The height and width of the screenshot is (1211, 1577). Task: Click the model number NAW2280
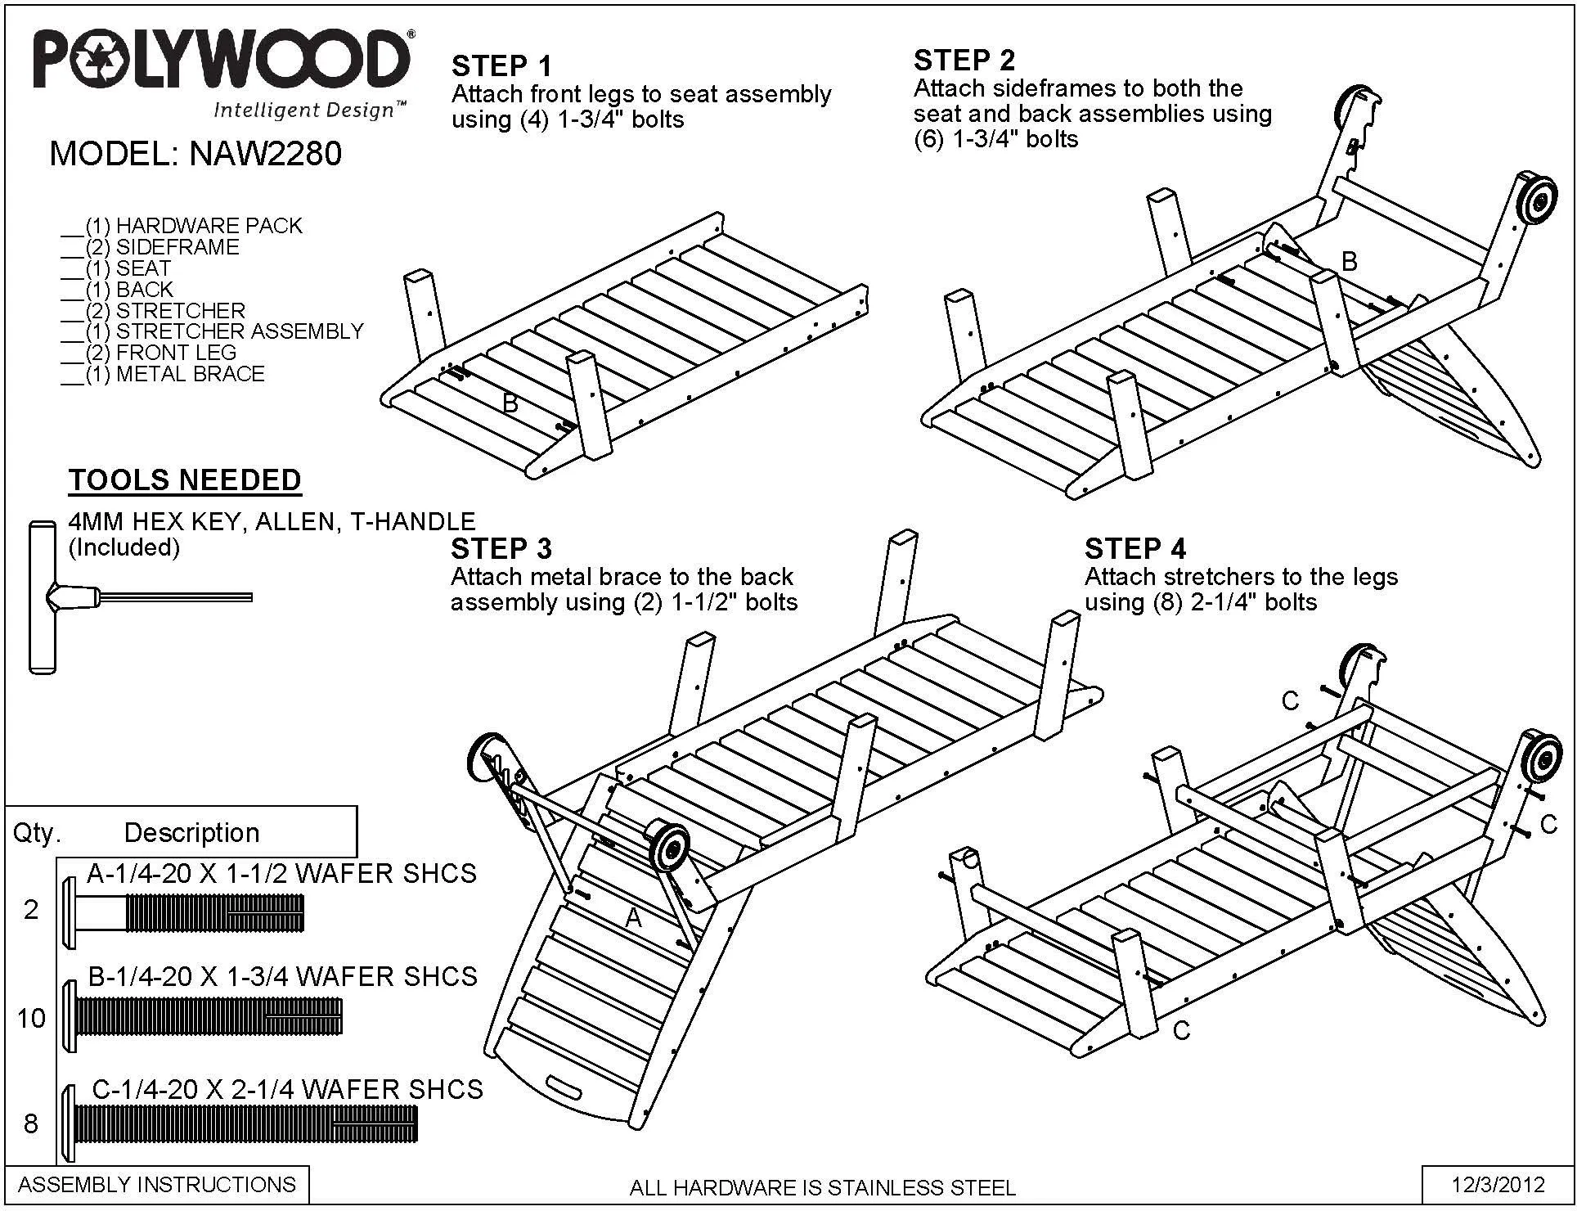pos(266,153)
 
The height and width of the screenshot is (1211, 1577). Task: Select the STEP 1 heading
pos(501,65)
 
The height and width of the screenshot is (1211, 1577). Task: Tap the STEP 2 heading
pos(964,60)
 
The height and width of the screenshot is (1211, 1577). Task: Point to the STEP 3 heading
pos(501,547)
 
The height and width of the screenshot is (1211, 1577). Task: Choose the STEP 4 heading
pos(1134,547)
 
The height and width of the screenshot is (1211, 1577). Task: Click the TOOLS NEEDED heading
pos(185,479)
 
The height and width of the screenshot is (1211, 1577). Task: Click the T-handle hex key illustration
pos(141,596)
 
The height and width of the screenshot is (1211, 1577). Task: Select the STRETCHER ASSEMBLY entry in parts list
pos(213,331)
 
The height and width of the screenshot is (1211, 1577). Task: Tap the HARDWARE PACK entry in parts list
pos(182,226)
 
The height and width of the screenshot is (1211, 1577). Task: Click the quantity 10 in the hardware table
pos(32,1018)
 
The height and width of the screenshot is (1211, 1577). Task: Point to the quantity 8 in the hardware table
pos(31,1123)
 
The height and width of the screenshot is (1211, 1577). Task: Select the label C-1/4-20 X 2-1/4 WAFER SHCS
pos(287,1089)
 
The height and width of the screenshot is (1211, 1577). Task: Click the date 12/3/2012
pos(1498,1184)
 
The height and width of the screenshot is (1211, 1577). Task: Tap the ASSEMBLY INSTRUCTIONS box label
pos(157,1184)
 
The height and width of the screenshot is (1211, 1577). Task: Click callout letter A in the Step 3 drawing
pos(634,919)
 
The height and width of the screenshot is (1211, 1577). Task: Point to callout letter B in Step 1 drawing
pos(510,403)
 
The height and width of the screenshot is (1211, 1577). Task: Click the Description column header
pos(191,833)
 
